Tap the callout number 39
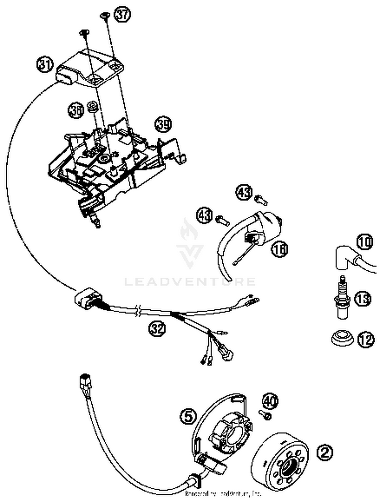coord(163,124)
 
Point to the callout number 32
coord(157,328)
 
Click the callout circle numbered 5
coord(188,416)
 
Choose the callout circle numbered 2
coord(325,453)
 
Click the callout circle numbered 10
coord(365,242)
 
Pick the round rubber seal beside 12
coord(342,337)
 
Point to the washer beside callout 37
coord(105,15)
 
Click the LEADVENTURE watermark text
coord(190,282)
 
